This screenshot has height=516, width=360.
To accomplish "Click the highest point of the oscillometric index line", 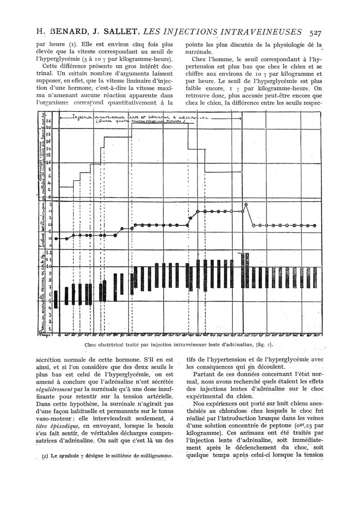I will (x=246, y=204).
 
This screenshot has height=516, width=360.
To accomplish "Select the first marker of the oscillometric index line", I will (x=56, y=239).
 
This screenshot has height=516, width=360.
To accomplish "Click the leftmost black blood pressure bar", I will (x=56, y=299).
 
